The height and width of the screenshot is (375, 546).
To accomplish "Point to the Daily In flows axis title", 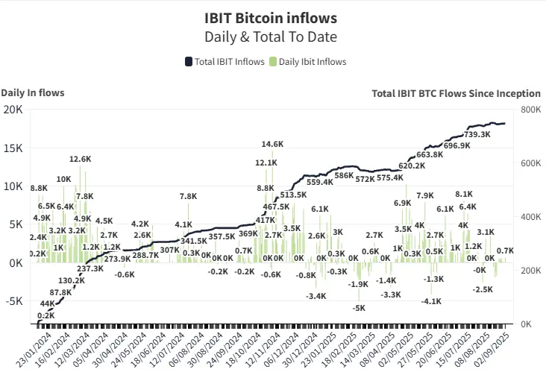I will (x=32, y=93).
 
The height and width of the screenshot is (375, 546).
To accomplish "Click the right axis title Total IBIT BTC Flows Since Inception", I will (x=456, y=93).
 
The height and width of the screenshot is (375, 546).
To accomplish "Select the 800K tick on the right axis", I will (x=530, y=110).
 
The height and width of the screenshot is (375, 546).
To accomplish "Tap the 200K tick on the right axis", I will (x=530, y=271).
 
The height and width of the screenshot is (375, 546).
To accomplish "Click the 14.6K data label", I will (x=272, y=144).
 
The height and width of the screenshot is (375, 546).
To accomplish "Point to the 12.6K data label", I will (x=80, y=159).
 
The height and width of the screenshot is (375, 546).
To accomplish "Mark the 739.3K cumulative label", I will (x=477, y=134).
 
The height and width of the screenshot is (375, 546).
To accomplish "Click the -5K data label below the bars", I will (x=360, y=308).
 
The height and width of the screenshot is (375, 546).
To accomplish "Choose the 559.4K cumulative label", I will (x=320, y=182).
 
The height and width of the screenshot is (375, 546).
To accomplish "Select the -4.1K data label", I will (x=430, y=301).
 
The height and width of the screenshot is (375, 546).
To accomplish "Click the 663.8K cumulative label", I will (x=430, y=154).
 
